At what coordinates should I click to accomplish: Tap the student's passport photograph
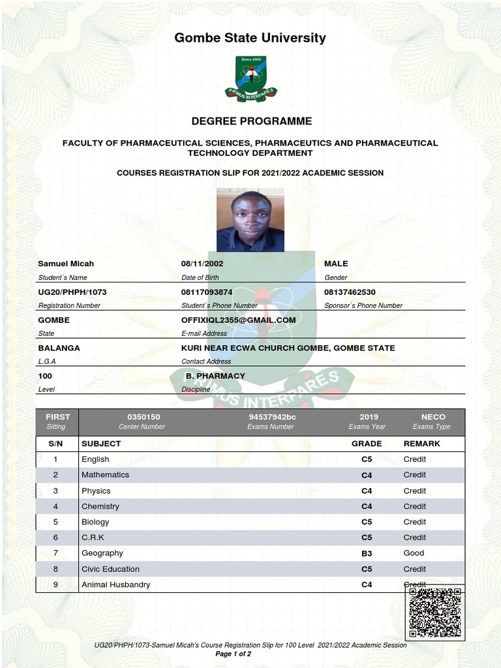point(250,220)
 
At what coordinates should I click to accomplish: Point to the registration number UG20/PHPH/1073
point(72,292)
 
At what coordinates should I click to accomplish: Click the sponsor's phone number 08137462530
point(350,292)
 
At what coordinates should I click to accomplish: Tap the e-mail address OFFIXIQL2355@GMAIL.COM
point(238,320)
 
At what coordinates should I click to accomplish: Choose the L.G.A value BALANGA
point(59,348)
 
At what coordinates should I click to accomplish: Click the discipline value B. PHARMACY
point(215,376)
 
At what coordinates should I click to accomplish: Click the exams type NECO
point(433,417)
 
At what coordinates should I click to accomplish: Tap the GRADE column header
point(366,444)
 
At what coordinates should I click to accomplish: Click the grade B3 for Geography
point(367,553)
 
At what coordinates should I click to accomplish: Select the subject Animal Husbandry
point(115,584)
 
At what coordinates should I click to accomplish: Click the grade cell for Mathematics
point(367,475)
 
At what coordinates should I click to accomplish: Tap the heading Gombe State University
point(250,38)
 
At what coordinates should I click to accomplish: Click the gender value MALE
point(336,264)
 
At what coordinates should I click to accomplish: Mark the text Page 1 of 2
point(233,654)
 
